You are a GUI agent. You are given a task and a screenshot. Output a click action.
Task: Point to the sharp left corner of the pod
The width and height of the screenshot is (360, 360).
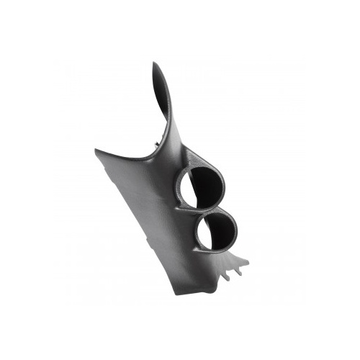[95, 150]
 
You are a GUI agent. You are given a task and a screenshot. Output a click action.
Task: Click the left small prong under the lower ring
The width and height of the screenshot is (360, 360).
[227, 274]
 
